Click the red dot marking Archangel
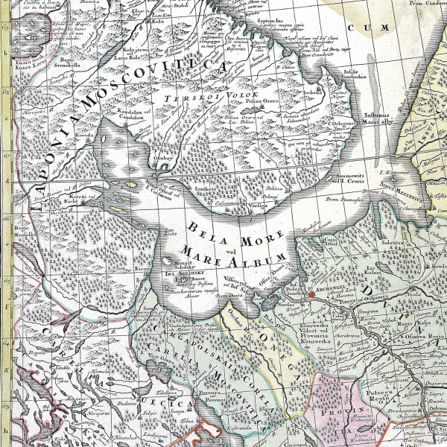click(x=312, y=295)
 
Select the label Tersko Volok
click(x=215, y=97)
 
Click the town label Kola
click(x=159, y=22)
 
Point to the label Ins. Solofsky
click(x=181, y=273)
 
